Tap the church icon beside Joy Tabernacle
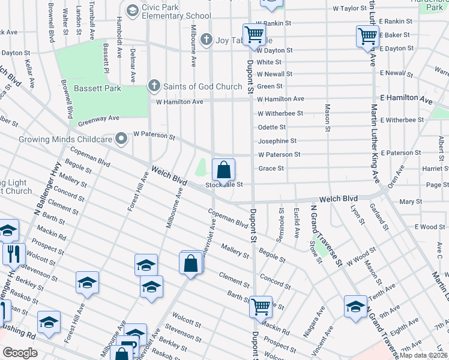pos(206,40)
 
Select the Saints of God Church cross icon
pos(154,86)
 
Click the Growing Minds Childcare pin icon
pos(122,139)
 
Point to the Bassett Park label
pos(97,88)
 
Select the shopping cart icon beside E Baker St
pos(367,35)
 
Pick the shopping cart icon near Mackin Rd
pos(261,307)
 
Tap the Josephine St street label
pos(277,141)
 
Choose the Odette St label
pos(271,127)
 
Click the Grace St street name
pos(271,169)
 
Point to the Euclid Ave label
pos(297,221)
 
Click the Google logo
pos(20,353)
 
